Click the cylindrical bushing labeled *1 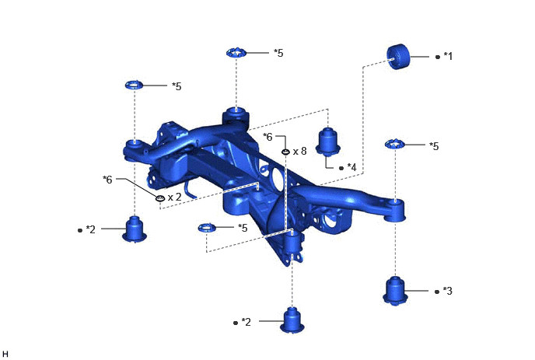coord(398,56)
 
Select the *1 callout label coord(448,56)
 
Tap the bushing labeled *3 coord(395,291)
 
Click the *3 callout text coord(448,291)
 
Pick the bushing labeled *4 coord(327,142)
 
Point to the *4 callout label coord(351,167)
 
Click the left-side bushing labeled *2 coord(135,229)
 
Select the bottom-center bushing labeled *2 coord(292,320)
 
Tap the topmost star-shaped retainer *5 coord(236,53)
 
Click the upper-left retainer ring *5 coord(135,85)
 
